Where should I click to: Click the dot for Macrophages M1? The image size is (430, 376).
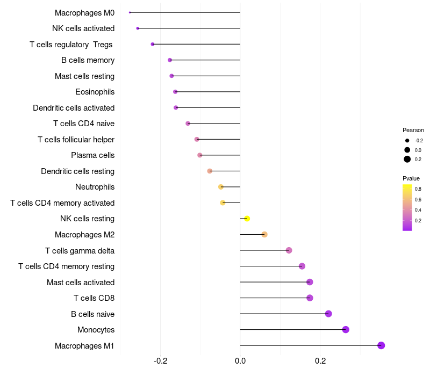pos(381,345)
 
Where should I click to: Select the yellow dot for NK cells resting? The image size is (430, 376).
pos(247,219)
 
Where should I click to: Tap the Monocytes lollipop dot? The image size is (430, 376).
pos(346,330)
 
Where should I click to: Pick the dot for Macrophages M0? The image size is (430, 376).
pos(130,12)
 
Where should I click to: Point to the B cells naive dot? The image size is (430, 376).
pos(328,314)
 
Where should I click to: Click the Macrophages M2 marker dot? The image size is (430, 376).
pos(264,234)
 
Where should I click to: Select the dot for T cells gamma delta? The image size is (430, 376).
pos(289,250)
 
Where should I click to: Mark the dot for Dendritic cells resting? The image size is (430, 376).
pos(210,171)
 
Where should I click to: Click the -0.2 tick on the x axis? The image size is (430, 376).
pos(161,360)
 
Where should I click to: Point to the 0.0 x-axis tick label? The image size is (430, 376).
pos(240,360)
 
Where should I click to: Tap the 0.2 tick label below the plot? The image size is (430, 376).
pos(320,360)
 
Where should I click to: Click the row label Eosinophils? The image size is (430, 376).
pos(95,92)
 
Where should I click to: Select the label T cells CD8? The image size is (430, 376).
pos(94,298)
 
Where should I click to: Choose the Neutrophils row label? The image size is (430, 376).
pos(95,187)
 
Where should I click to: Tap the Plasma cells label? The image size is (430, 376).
pos(92,155)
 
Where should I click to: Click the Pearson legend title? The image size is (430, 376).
pos(413,130)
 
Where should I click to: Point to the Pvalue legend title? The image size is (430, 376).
pos(411,178)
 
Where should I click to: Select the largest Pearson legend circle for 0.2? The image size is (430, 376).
pos(407,159)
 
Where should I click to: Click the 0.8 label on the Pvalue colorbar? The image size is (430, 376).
pos(418,189)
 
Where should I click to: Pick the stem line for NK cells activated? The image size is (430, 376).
pos(188,28)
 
